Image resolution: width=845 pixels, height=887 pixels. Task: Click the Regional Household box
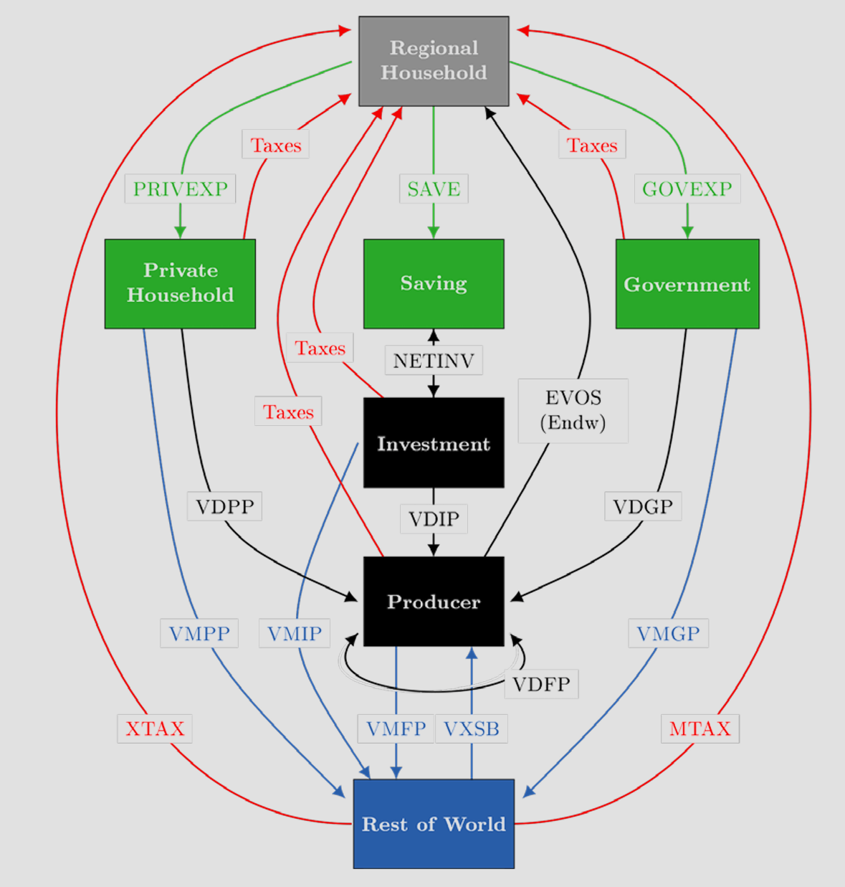pos(434,61)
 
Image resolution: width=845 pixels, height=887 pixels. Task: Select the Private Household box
pos(180,283)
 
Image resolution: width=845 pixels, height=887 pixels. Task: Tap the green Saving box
pos(434,283)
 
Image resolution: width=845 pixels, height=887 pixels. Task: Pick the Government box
pos(687,284)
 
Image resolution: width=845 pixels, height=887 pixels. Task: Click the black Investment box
pos(434,443)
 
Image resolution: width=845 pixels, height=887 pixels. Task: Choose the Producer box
pos(434,601)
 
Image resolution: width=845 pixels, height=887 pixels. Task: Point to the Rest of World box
pos(434,823)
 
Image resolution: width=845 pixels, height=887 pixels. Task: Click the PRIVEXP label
pos(180,189)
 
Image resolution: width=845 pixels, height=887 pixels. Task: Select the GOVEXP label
pos(687,189)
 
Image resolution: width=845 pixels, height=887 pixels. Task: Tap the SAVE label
pos(434,189)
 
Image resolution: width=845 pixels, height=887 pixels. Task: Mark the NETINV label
pos(434,360)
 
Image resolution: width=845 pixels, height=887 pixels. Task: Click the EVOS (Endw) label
pos(573,410)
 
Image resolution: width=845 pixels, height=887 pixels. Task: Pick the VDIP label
pos(434,518)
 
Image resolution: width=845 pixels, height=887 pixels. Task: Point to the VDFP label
pos(541,684)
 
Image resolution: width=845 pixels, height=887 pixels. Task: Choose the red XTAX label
pos(155,729)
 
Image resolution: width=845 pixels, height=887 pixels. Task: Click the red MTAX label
pos(700,729)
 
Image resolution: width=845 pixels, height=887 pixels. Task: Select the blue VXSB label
pos(472,729)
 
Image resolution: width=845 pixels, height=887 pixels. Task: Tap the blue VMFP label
pos(396,729)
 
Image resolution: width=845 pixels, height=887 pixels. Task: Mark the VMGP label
pos(668,633)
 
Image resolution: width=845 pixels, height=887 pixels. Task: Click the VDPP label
pos(224,506)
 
